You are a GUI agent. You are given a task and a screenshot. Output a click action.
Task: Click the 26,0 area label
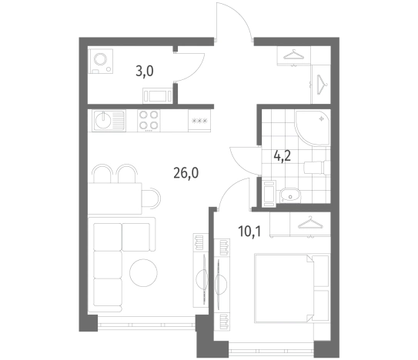point(186,174)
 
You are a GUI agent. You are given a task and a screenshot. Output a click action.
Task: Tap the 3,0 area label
point(145,72)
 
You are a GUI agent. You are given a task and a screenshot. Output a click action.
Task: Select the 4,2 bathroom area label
point(283,156)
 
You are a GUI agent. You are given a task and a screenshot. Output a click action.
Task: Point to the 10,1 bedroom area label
point(249,231)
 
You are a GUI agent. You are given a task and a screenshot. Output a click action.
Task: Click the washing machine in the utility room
point(101,61)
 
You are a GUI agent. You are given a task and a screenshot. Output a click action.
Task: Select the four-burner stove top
point(149,121)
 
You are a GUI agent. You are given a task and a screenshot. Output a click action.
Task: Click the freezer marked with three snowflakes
point(199,121)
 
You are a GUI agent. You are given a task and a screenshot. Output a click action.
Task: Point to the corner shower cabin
point(313,128)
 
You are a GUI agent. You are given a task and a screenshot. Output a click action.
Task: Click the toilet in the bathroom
point(317,168)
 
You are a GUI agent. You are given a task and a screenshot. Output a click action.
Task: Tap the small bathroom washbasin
point(290,195)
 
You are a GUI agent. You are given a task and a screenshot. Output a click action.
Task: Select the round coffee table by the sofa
point(143,273)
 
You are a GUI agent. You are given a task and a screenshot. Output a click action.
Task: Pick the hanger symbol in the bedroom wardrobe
point(310,223)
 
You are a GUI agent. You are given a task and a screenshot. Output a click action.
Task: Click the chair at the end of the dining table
point(151,198)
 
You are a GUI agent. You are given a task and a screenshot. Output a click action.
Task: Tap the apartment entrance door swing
point(234,22)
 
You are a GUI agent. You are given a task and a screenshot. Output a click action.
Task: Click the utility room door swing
point(190,67)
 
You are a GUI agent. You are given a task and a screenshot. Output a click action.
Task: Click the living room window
point(146,325)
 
